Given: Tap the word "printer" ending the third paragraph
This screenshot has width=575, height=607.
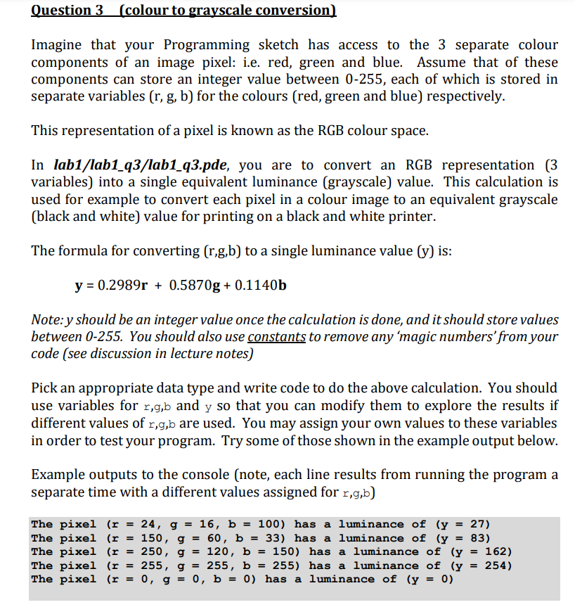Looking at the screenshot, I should coord(410,217).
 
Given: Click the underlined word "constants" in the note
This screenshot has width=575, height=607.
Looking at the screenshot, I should coord(276,336).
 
